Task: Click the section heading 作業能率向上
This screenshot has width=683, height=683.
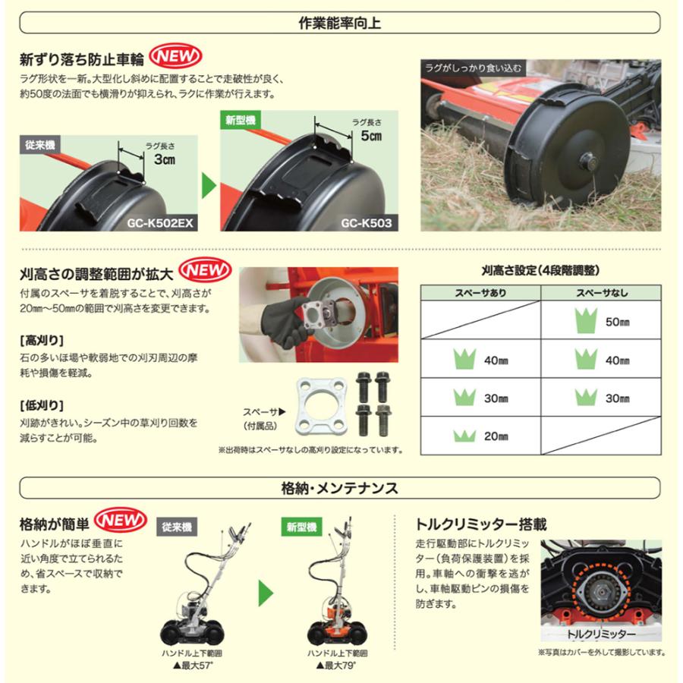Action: point(341,23)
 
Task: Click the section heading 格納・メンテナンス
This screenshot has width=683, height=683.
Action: point(341,488)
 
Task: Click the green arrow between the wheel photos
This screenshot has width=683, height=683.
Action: point(209,183)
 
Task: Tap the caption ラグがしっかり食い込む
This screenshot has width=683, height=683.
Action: point(474,68)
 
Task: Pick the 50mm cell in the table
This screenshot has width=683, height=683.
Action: point(601,321)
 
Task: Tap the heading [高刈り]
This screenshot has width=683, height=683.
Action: point(41,338)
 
